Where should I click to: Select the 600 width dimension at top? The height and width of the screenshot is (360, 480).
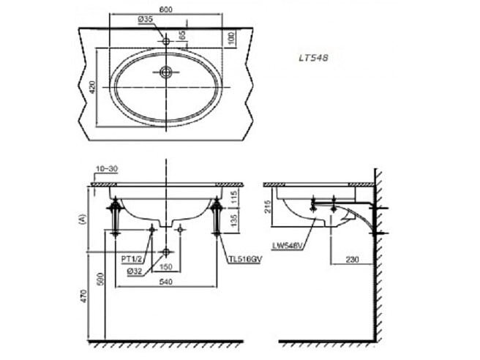pos(168,9)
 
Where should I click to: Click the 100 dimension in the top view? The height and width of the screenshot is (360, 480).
pos(231,37)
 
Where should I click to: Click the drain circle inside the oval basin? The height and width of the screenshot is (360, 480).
pos(167,72)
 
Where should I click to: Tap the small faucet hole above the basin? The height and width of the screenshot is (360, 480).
pos(167,41)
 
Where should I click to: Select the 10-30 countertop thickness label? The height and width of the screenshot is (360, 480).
pos(106,169)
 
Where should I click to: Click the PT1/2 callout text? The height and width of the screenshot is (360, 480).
pos(132,258)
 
